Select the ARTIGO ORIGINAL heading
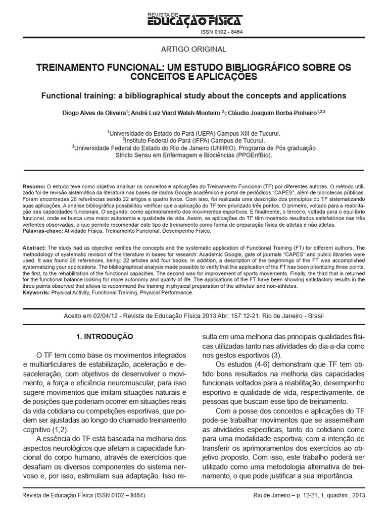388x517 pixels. coord(193,49)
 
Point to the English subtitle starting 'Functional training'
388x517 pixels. coord(193,95)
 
